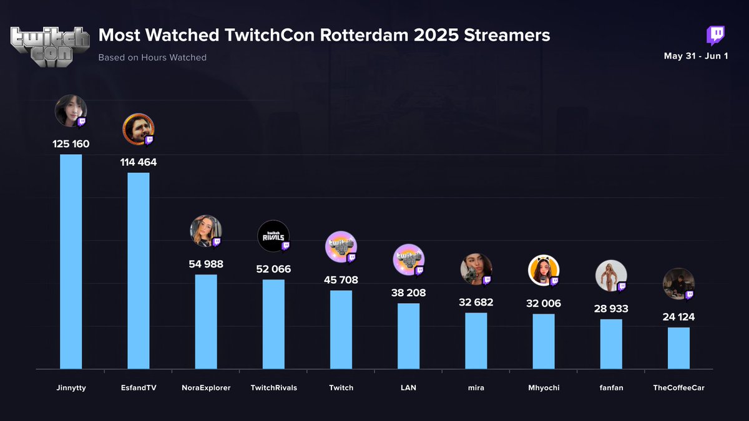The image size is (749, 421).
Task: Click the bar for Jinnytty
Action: pyautogui.click(x=71, y=261)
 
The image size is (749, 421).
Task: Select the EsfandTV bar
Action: pyautogui.click(x=139, y=271)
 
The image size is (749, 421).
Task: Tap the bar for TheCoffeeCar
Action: pyautogui.click(x=678, y=348)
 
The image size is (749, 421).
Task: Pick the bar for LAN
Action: pyautogui.click(x=408, y=336)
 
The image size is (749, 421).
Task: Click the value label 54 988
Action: pyautogui.click(x=206, y=264)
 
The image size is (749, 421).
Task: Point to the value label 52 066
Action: pyautogui.click(x=273, y=269)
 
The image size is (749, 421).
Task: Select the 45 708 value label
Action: pyautogui.click(x=341, y=280)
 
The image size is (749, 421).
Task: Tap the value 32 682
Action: pyautogui.click(x=476, y=302)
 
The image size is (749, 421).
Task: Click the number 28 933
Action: pyautogui.click(x=611, y=309)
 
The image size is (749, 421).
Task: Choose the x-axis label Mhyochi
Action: pyautogui.click(x=544, y=387)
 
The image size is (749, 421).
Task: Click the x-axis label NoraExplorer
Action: pyautogui.click(x=206, y=387)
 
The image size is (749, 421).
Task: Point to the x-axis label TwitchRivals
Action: pyautogui.click(x=273, y=387)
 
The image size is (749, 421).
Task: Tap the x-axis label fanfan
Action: pyautogui.click(x=611, y=387)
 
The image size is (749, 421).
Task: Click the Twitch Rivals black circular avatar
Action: pyautogui.click(x=273, y=236)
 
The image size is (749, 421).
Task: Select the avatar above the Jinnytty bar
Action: pyautogui.click(x=71, y=110)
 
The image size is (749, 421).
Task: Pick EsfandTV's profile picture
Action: pyautogui.click(x=138, y=129)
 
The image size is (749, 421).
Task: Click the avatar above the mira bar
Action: pyautogui.click(x=476, y=269)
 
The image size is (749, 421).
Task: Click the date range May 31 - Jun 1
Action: pyautogui.click(x=696, y=56)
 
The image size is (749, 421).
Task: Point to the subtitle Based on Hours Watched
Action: pyautogui.click(x=152, y=57)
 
